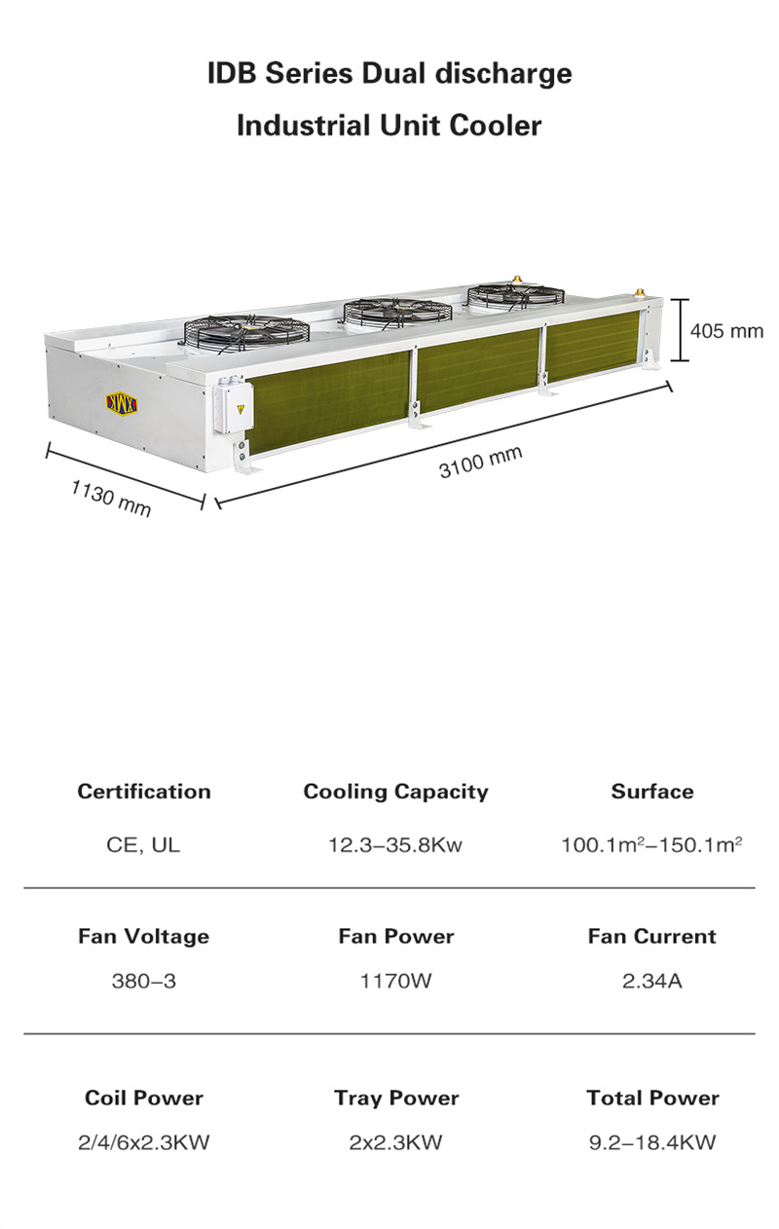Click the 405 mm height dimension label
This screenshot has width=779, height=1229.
point(726,331)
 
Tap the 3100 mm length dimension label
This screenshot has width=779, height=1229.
point(480,461)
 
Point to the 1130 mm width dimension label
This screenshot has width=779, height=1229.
point(111,497)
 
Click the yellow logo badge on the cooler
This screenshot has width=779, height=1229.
point(123,403)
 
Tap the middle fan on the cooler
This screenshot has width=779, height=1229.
point(397,312)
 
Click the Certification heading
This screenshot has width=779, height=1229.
point(144,792)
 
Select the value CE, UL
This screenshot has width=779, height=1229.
point(143,844)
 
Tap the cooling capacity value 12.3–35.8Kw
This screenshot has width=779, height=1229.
point(395,844)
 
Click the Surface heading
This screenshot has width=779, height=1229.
point(652,792)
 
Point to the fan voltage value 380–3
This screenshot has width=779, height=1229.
point(143,981)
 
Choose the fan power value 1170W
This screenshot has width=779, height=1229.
point(395,981)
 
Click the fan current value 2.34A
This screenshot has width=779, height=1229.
point(652,981)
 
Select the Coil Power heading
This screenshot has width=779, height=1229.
point(144,1098)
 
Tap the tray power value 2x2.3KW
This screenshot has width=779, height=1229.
point(395,1142)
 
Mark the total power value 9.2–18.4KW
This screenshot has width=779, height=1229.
point(652,1142)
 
